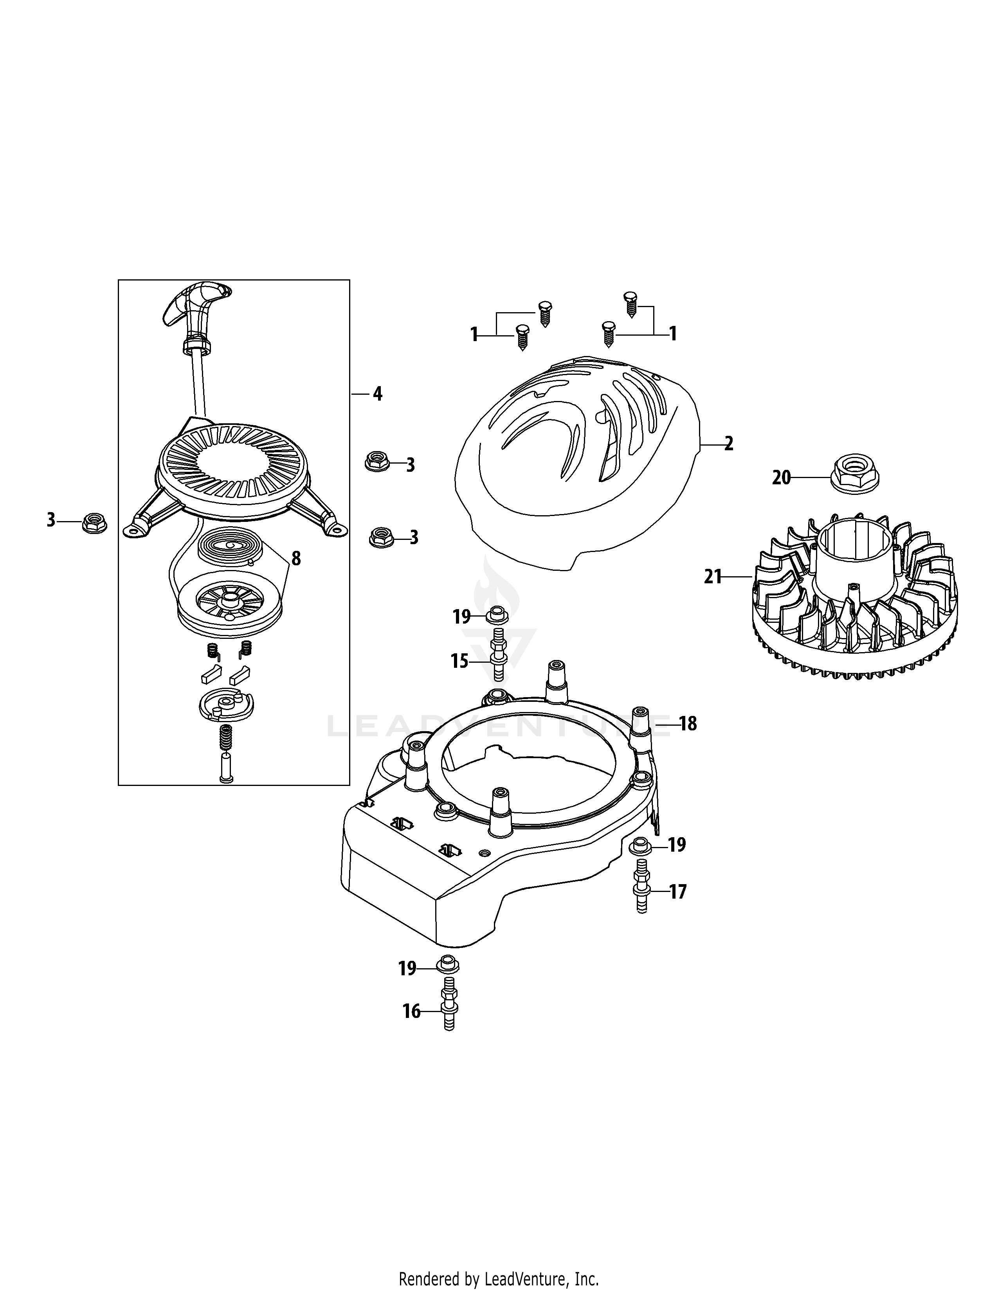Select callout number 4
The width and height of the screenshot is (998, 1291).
[377, 394]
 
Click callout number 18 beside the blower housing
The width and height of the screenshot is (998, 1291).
[688, 723]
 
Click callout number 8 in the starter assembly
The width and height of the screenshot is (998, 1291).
[295, 558]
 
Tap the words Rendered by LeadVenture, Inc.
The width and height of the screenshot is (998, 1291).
[499, 1275]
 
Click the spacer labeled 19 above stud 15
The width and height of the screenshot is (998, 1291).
[497, 616]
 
